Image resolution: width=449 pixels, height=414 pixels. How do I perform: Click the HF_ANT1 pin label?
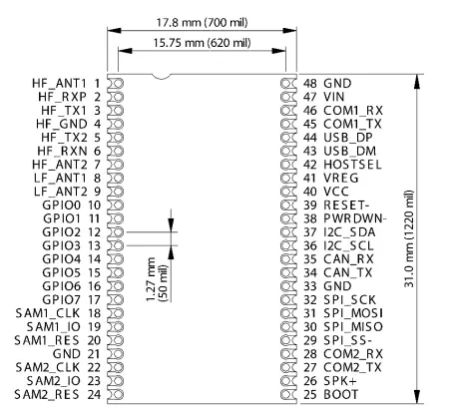pos(62,83)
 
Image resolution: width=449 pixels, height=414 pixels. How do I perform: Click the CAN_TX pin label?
pos(348,271)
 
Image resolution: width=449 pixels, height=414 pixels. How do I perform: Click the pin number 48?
pos(310,83)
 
